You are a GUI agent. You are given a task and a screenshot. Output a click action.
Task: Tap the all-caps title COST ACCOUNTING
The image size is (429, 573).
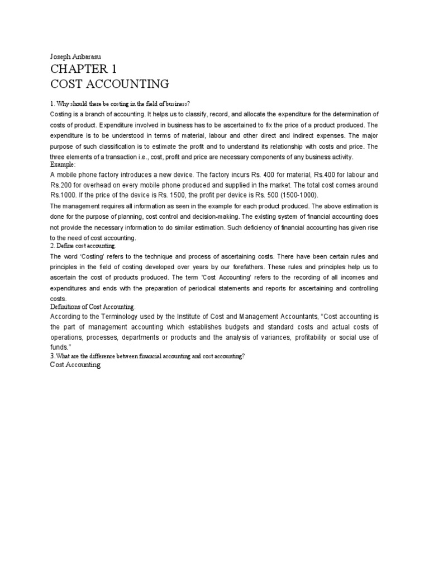click(x=109, y=84)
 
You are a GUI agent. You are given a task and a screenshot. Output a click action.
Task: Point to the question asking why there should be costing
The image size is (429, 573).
click(x=120, y=104)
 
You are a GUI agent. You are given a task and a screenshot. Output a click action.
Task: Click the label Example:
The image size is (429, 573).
click(x=62, y=165)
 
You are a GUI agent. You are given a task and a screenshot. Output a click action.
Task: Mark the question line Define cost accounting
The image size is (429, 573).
click(x=83, y=246)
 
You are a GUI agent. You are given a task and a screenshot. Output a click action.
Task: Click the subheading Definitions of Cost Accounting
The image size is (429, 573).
click(x=93, y=307)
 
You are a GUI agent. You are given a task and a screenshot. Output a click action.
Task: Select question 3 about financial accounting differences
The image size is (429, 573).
click(x=147, y=356)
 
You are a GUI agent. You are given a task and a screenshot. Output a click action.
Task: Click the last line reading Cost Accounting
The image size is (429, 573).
click(x=75, y=365)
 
